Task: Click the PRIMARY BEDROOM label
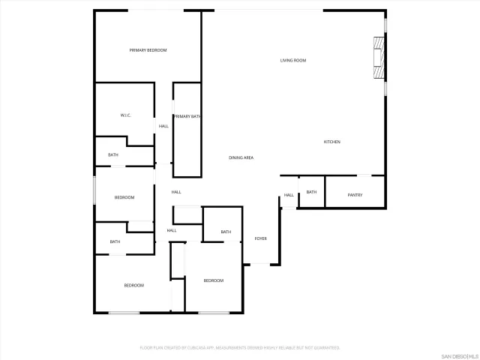(148, 50)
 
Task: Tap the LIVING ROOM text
(293, 61)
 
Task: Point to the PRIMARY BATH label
(187, 116)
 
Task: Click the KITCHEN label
(332, 142)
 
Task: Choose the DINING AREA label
(241, 157)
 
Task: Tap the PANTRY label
(355, 195)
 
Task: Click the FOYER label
(260, 238)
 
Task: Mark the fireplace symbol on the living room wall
(380, 58)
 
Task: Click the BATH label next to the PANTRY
(311, 192)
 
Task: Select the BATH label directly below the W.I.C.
(113, 155)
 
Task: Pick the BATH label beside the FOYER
(226, 232)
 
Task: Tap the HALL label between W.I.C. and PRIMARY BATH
(163, 126)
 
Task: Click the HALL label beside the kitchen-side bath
(289, 195)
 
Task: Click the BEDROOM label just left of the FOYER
(214, 280)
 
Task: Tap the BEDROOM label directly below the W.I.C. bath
(124, 197)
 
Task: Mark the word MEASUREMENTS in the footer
(239, 348)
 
